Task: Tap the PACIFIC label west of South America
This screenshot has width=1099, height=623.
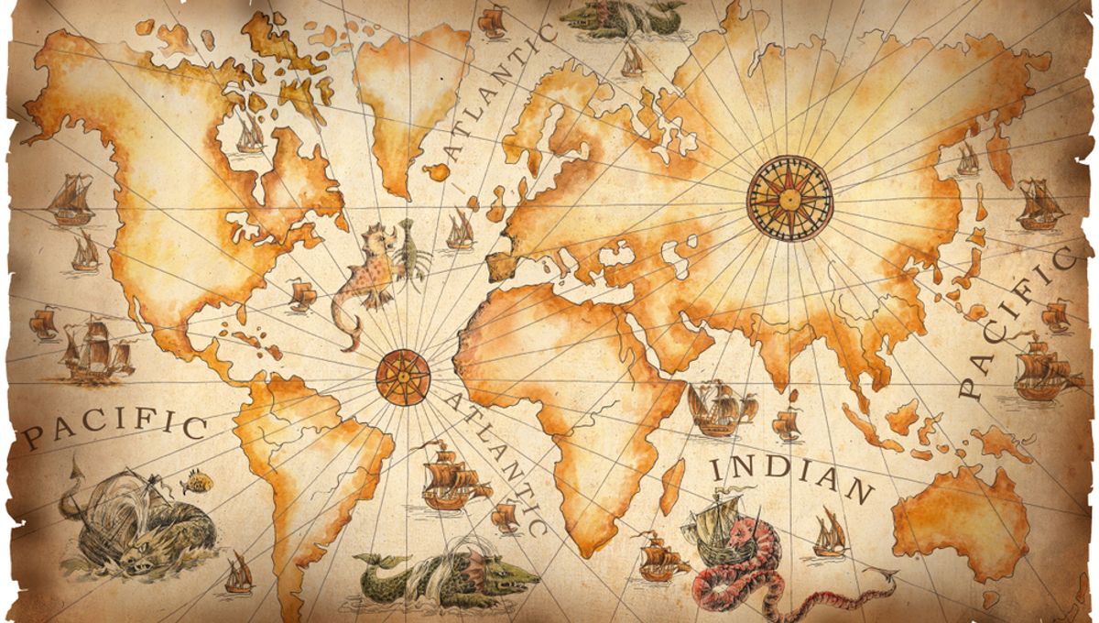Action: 114,427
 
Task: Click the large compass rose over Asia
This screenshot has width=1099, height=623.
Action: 789,197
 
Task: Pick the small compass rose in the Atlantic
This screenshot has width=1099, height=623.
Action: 402,376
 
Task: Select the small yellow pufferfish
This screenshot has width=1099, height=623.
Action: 197,482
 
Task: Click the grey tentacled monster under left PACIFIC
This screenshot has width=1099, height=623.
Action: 137,522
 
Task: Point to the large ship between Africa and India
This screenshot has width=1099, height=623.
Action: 719,408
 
